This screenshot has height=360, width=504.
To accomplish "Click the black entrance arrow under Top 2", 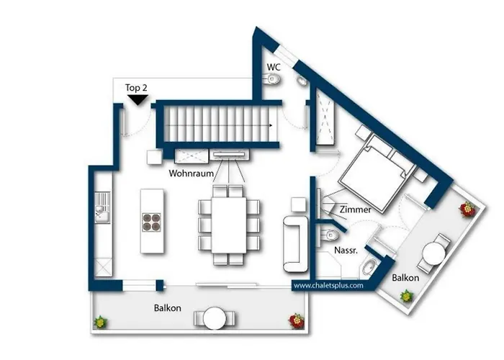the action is [x=138, y=99].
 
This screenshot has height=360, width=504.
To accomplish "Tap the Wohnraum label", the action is [x=192, y=174].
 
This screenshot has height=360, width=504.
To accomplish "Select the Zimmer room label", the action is [x=356, y=210].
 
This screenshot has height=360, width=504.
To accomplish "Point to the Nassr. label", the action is [x=346, y=251].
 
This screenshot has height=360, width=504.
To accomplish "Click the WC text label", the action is [x=274, y=67].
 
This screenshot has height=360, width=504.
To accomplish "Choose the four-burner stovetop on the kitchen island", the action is [x=151, y=222].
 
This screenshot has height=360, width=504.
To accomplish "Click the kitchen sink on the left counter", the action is [x=102, y=207].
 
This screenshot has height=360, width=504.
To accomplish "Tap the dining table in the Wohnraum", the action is [x=229, y=225].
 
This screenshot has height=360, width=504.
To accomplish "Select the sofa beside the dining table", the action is [x=295, y=244].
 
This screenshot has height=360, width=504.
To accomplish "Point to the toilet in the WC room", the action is [x=272, y=78].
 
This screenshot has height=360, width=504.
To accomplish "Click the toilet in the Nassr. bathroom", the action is [x=328, y=235].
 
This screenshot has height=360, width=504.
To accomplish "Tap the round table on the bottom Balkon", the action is [x=215, y=318].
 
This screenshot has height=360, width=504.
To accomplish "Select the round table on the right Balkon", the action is [x=434, y=253].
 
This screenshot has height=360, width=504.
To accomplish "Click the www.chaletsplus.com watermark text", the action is [x=328, y=285].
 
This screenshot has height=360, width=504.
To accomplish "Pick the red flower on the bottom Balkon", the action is [x=297, y=320].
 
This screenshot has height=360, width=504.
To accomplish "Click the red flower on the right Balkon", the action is [x=467, y=210].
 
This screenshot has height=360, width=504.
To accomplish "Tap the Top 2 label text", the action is [x=136, y=88].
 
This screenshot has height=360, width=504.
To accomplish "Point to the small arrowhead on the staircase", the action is [x=271, y=125].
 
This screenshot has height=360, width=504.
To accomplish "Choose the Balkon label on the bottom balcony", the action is [x=168, y=308].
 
